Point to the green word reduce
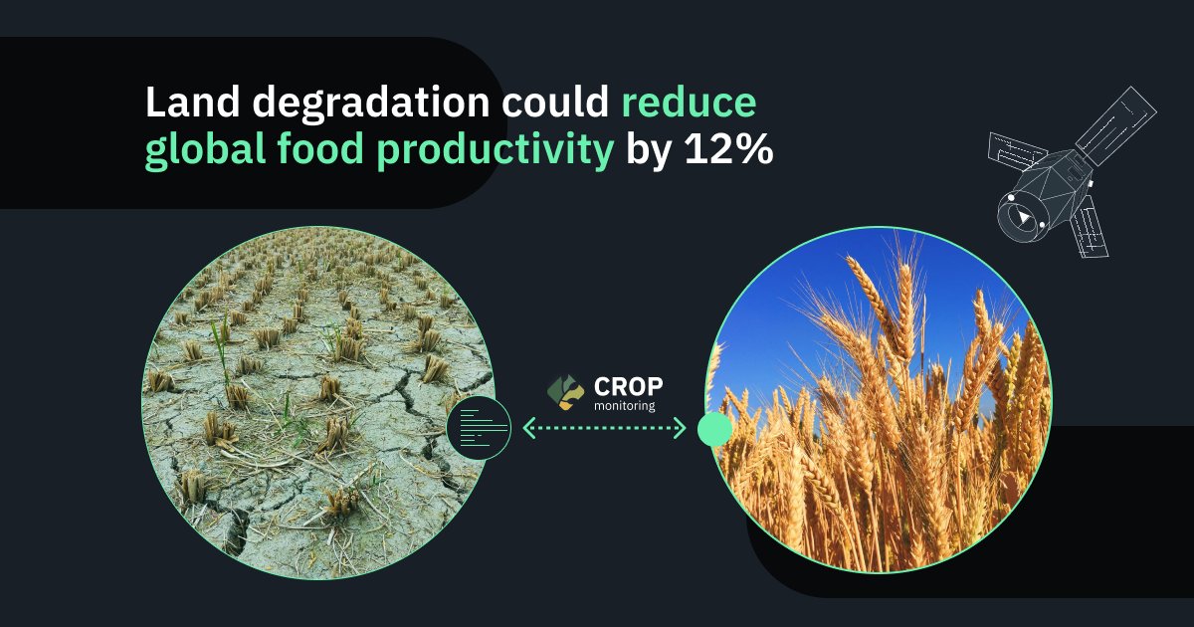pyautogui.click(x=690, y=104)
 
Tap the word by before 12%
pyautogui.click(x=649, y=152)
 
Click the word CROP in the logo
pyautogui.click(x=627, y=386)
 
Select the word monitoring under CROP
pyautogui.click(x=624, y=405)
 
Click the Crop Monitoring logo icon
pyautogui.click(x=565, y=393)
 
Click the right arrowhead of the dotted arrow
pyautogui.click(x=682, y=429)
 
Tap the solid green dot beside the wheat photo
pyautogui.click(x=714, y=429)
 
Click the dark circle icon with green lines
pyautogui.click(x=479, y=427)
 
